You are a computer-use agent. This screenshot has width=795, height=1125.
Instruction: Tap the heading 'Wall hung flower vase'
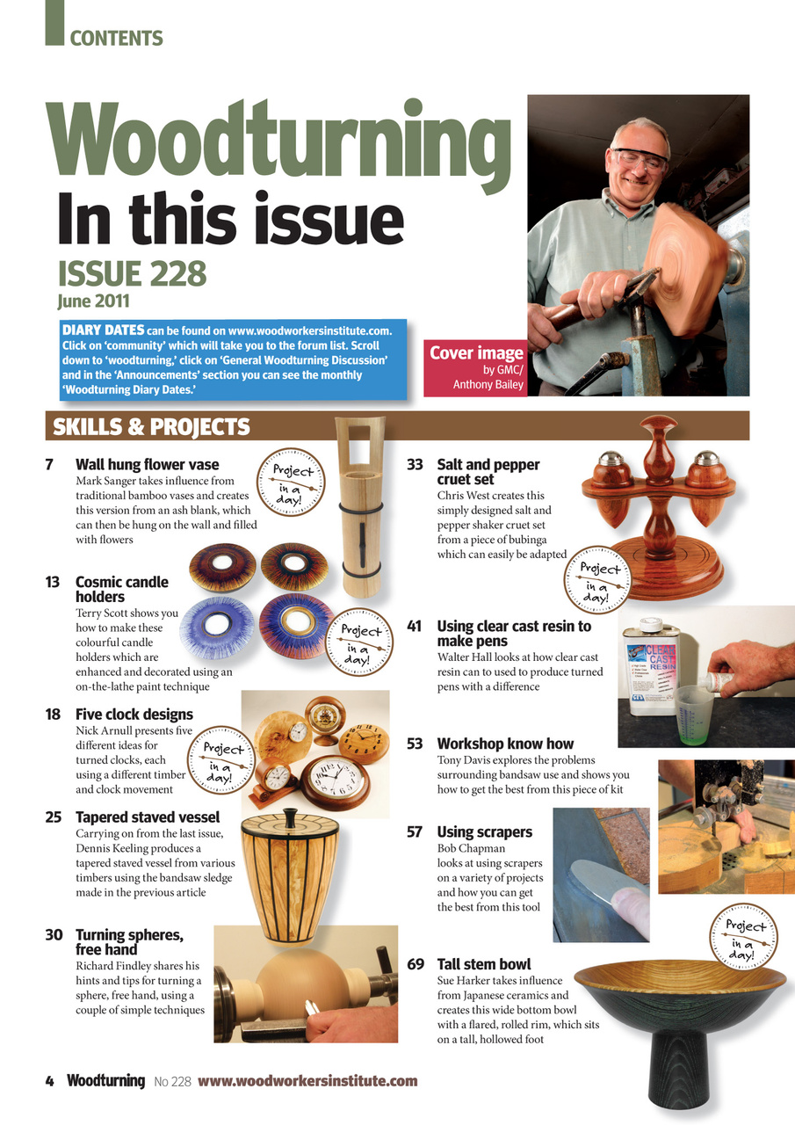[147, 464]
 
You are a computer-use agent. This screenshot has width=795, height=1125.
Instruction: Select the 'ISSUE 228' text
[132, 274]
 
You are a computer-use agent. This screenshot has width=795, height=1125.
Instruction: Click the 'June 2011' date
[93, 301]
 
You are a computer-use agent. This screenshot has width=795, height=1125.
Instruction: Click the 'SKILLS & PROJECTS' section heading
[151, 427]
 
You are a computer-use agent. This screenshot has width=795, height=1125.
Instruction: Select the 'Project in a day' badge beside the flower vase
[289, 479]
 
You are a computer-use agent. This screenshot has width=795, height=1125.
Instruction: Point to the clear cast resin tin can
[651, 666]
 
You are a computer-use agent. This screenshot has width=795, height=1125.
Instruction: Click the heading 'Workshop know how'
[505, 744]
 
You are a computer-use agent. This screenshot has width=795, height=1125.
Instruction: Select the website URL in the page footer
[307, 1081]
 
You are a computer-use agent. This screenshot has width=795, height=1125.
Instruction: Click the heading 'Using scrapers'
[484, 831]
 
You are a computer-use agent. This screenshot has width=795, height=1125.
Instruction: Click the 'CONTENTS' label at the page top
[116, 39]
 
